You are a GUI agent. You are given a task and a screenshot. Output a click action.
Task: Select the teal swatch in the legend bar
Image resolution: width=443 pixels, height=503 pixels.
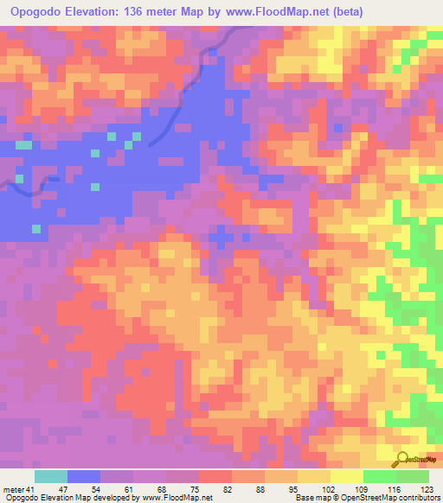(x=51, y=476)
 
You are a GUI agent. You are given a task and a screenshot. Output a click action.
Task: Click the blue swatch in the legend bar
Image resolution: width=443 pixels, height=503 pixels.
(x=84, y=476)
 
